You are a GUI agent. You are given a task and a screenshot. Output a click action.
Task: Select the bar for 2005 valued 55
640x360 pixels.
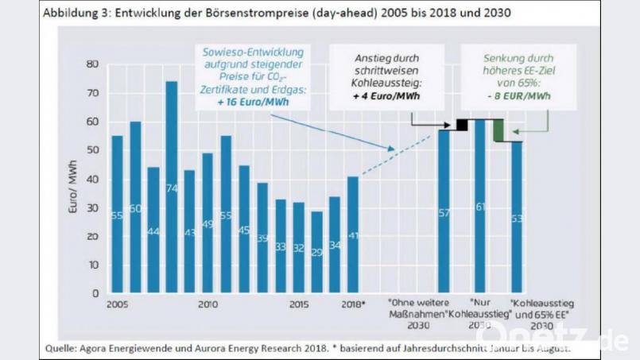[x=117, y=215]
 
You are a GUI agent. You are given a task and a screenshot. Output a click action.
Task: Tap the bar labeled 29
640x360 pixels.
[x=316, y=252]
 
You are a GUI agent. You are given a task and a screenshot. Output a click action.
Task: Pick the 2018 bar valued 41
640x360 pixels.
[x=353, y=234]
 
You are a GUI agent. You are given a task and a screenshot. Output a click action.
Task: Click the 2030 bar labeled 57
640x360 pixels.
[x=444, y=211]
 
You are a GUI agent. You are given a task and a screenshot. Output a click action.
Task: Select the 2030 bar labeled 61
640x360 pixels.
[x=479, y=206]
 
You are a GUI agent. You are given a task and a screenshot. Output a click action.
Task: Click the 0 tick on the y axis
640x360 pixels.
[x=95, y=293]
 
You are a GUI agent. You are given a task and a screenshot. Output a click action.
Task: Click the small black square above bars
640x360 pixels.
[x=460, y=125]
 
